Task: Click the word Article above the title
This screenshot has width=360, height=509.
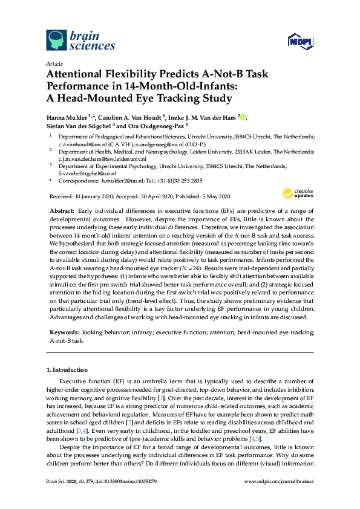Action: pyautogui.click(x=53, y=63)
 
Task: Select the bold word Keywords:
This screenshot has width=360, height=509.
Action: pyautogui.click(x=65, y=332)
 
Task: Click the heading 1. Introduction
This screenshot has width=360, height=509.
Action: pyautogui.click(x=70, y=369)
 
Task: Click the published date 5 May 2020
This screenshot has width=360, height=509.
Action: pyautogui.click(x=211, y=197)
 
